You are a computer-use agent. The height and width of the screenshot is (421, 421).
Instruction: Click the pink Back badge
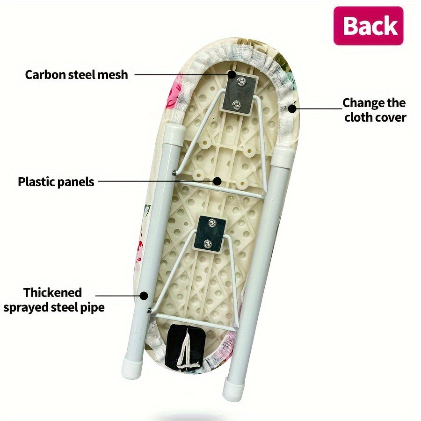click(368, 26)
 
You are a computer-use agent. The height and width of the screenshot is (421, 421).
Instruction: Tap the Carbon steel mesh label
click(76, 74)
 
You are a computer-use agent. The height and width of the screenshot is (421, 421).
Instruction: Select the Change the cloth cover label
click(374, 109)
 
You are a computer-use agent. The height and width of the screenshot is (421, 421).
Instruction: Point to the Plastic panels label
click(56, 181)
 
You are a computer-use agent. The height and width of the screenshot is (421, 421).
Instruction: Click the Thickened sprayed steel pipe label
click(53, 300)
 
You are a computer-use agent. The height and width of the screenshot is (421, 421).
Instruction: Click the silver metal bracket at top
click(240, 93)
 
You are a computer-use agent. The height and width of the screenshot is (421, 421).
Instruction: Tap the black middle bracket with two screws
click(210, 232)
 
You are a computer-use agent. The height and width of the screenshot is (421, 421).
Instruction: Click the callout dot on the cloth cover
click(292, 109)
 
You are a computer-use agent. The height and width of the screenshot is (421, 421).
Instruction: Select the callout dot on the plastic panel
click(217, 181)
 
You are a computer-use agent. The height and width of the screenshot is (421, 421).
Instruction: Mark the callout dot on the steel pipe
click(144, 296)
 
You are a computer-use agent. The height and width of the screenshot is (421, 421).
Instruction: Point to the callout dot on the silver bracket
click(232, 74)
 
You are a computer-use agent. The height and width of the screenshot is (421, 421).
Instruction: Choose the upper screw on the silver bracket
click(240, 83)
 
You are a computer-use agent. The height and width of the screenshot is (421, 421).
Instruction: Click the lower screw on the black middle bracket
click(208, 243)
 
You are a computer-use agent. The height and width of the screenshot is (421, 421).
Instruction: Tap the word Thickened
click(53, 293)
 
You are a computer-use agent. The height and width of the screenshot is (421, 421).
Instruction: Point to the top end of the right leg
click(283, 154)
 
